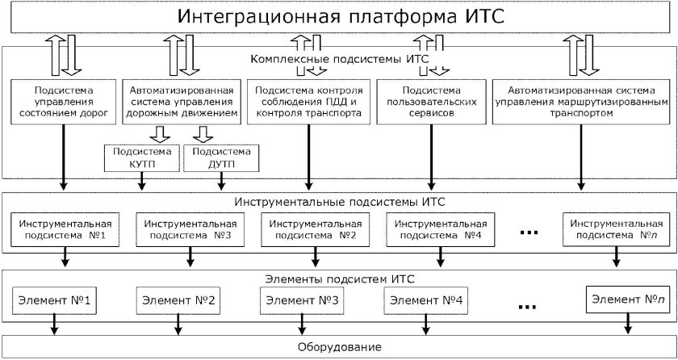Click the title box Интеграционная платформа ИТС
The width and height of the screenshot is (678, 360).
click(338, 17)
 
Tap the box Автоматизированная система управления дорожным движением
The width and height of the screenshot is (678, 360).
click(181, 102)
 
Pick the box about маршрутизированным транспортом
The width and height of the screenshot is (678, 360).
click(580, 102)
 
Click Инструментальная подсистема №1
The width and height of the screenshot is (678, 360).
click(64, 228)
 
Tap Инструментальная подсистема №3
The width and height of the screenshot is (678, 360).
click(190, 228)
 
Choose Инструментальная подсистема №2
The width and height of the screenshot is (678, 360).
click(316, 228)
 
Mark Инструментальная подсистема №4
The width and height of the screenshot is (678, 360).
click(442, 228)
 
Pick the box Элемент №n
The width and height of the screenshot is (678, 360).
click(626, 300)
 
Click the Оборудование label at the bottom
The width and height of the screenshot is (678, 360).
click(338, 346)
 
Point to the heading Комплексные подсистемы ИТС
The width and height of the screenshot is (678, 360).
click(338, 60)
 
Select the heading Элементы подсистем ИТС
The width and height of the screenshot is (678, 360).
click(338, 278)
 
